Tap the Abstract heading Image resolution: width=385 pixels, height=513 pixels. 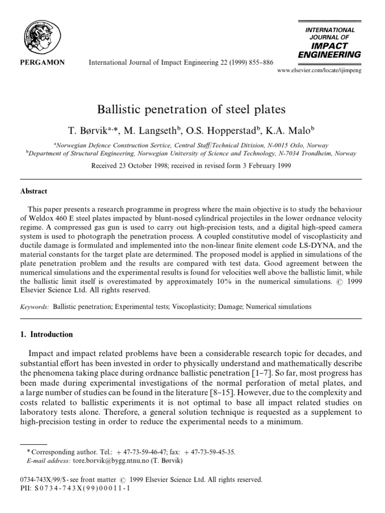33,191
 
